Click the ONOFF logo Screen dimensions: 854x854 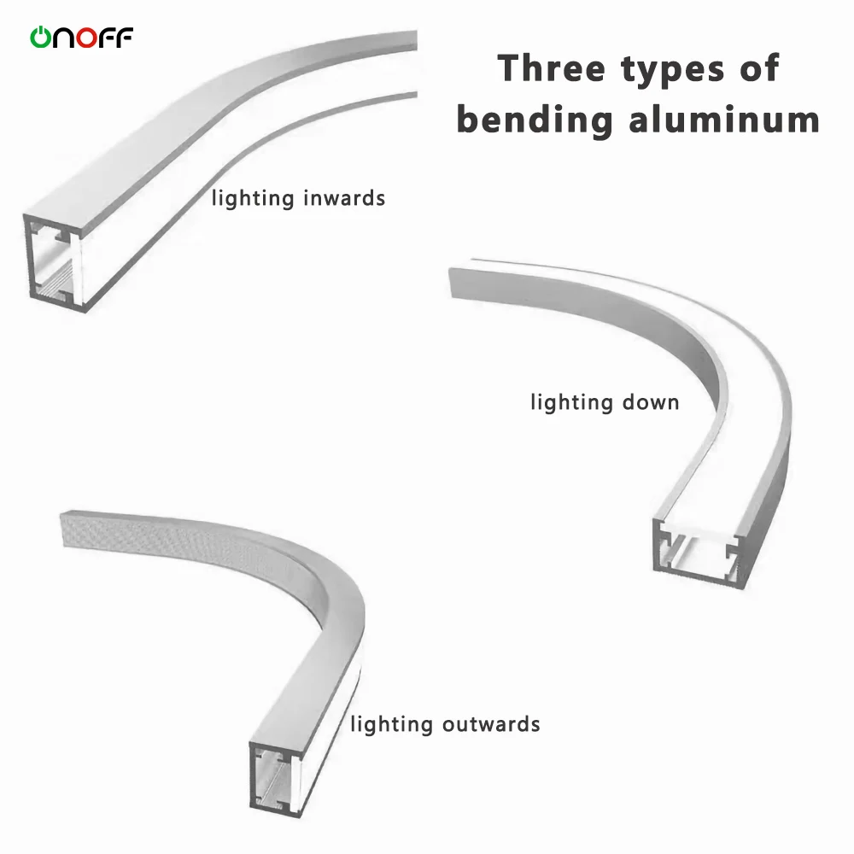[x=82, y=37]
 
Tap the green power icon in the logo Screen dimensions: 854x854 [x=41, y=37]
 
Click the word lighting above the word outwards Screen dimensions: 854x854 [x=392, y=726]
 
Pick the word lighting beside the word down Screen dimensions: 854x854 [x=572, y=402]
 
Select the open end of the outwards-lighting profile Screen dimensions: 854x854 [x=275, y=777]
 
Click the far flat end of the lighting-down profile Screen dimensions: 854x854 [x=459, y=282]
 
